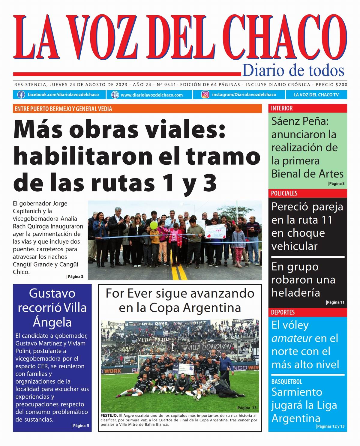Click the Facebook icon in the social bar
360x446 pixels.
point(21,95)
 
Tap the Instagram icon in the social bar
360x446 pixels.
point(205,95)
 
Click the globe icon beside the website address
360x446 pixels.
point(115,95)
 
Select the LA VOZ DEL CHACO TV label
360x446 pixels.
point(316,95)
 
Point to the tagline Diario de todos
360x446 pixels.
point(293,70)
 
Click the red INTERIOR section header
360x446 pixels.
point(282,108)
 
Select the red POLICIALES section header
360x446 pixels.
point(284,193)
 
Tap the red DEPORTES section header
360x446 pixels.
point(283,312)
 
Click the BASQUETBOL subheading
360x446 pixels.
point(286,382)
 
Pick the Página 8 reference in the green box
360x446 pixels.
point(336,184)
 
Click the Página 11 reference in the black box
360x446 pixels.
point(335,302)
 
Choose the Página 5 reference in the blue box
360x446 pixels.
point(81,426)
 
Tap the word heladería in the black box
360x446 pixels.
point(295,293)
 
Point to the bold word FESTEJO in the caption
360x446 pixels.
point(109,416)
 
